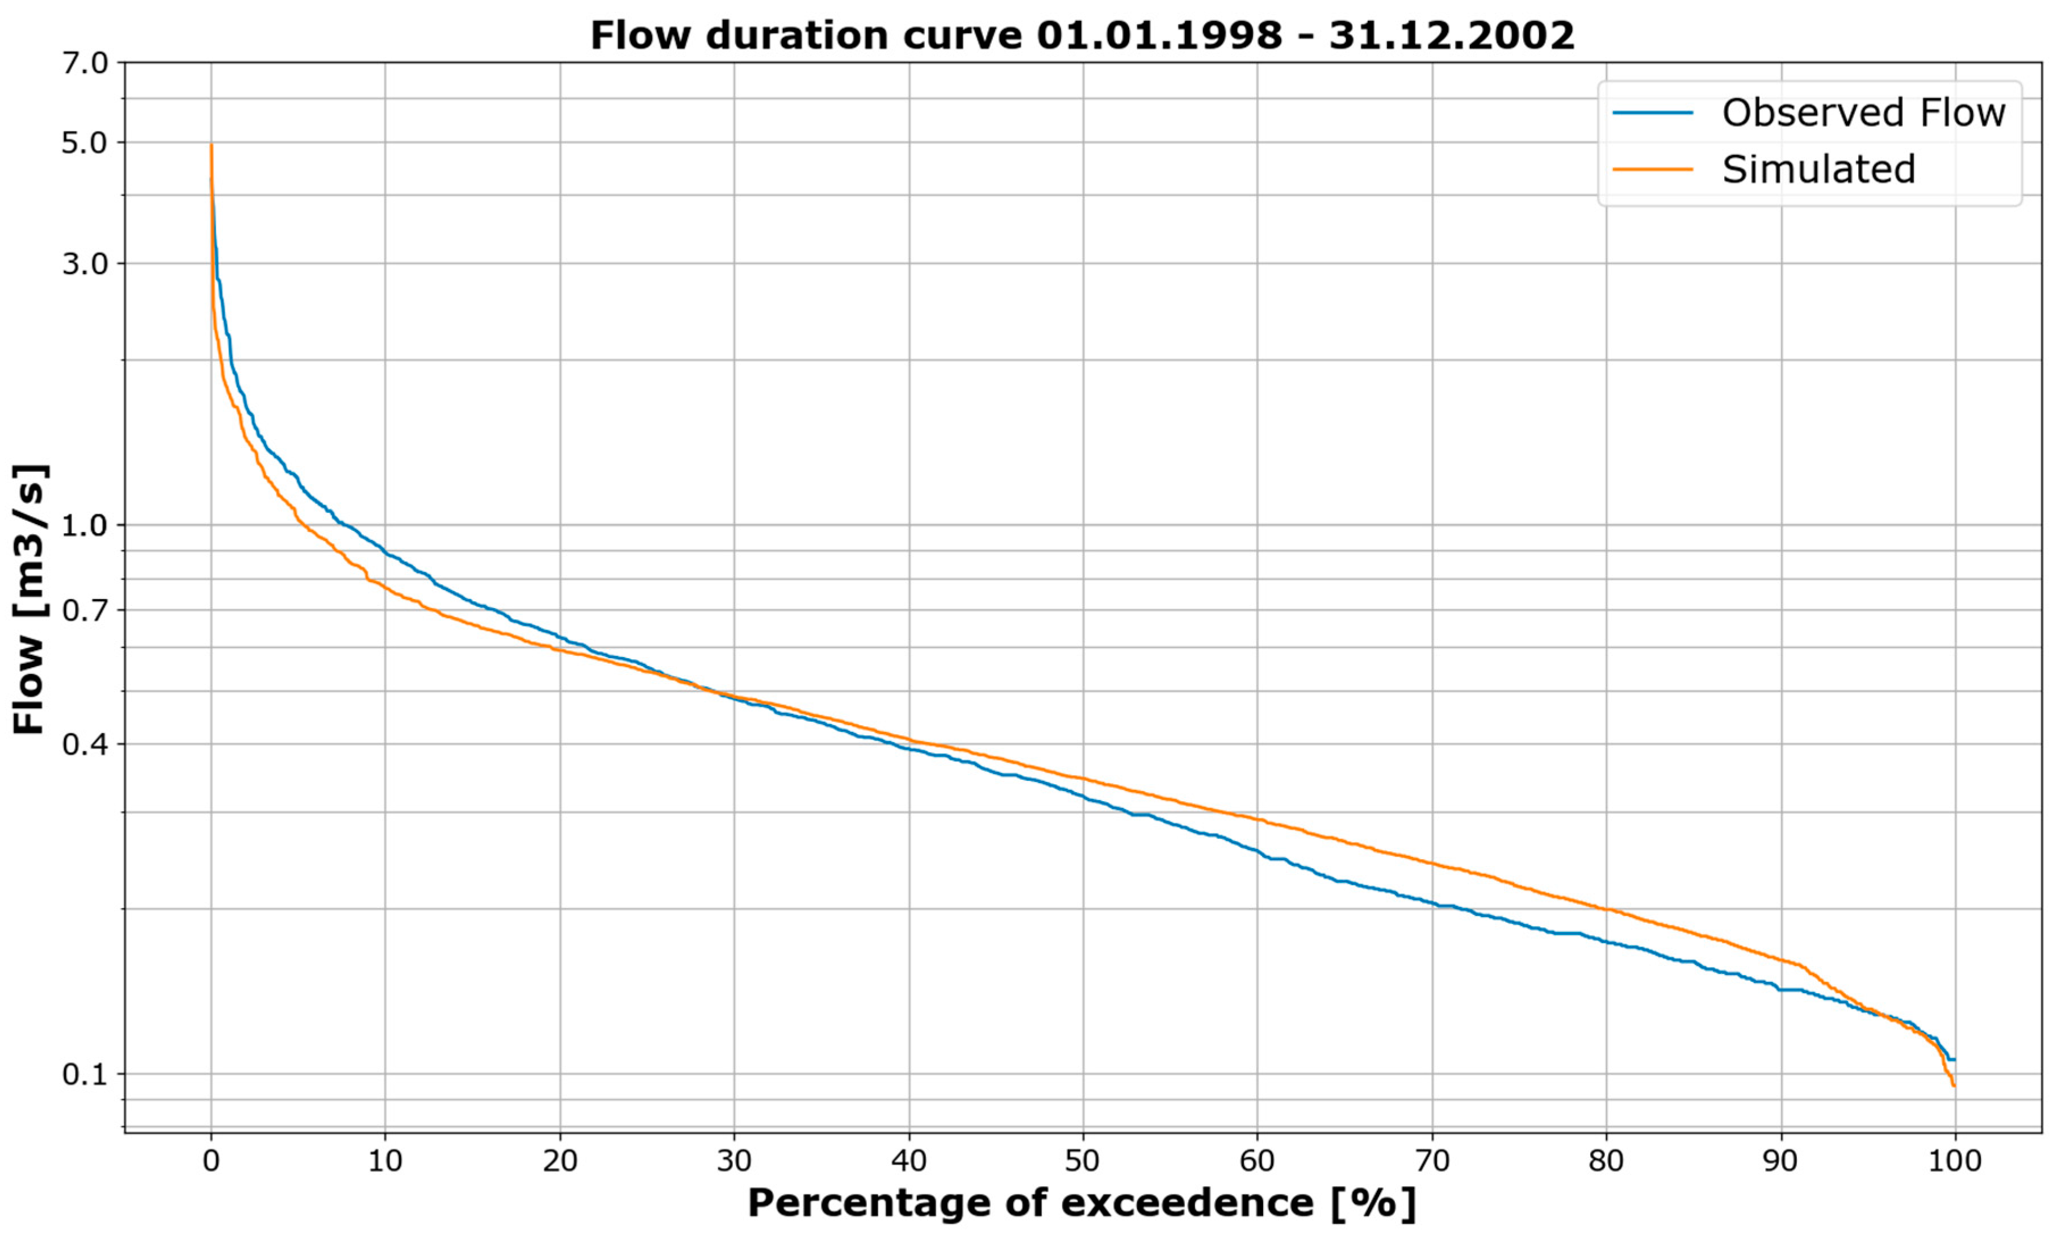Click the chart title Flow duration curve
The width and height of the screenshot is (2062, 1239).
coord(1082,36)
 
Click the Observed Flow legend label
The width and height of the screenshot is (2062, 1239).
coord(1863,112)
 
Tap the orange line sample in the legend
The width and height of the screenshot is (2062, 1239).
coord(1652,169)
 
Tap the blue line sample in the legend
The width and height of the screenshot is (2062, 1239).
coord(1652,112)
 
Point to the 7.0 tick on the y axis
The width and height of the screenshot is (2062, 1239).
coord(86,62)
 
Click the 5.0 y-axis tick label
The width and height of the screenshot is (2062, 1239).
coord(86,142)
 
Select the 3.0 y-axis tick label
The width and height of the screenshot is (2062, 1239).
coord(86,264)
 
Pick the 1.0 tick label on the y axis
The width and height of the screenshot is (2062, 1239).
coord(86,525)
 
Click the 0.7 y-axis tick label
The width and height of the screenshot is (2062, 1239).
coord(86,610)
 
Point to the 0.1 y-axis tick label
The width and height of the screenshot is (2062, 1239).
coord(86,1074)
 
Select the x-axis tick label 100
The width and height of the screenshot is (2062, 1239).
coord(1954,1161)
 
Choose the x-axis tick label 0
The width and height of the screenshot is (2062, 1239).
coord(211,1161)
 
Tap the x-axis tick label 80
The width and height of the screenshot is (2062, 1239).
coord(1606,1161)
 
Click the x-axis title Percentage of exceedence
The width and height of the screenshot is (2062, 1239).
coord(1082,1204)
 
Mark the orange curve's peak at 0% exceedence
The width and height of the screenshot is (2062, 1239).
coord(211,146)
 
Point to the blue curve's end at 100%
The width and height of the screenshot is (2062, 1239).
coord(1954,1060)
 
